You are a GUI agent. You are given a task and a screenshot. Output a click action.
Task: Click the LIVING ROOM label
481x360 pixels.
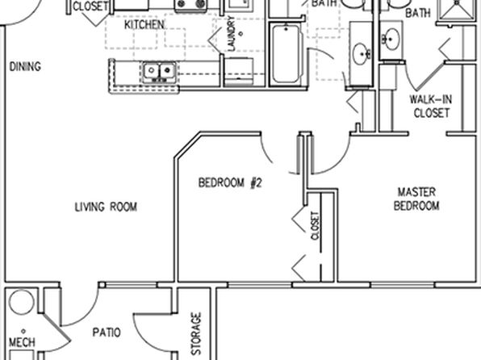tap(106, 207)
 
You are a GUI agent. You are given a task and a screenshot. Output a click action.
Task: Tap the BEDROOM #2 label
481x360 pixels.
tap(230, 182)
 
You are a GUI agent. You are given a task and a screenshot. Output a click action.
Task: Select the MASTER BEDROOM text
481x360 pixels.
tap(416, 199)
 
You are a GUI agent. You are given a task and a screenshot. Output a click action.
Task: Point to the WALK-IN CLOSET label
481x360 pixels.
tap(431, 107)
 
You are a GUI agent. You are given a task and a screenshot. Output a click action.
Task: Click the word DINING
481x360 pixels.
tap(25, 66)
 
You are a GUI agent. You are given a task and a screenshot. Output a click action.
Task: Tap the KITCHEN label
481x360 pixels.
tap(144, 24)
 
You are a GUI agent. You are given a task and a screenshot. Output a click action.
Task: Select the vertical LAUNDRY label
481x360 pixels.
tap(232, 33)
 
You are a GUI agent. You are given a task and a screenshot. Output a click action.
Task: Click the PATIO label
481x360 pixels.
tap(107, 333)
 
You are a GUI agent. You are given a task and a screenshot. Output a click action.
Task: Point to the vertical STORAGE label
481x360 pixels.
tap(196, 333)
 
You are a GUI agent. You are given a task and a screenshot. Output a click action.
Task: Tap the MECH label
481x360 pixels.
tap(22, 342)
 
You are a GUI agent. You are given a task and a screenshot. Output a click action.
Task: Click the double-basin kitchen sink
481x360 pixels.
tap(159, 72)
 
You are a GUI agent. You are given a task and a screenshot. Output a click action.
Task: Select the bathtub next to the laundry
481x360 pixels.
tap(286, 54)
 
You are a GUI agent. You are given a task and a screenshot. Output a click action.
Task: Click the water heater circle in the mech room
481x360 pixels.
tap(22, 302)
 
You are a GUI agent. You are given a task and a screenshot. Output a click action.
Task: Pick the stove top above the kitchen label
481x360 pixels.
tap(190, 5)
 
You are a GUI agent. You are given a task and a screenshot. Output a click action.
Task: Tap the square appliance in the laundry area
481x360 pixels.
tap(239, 71)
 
